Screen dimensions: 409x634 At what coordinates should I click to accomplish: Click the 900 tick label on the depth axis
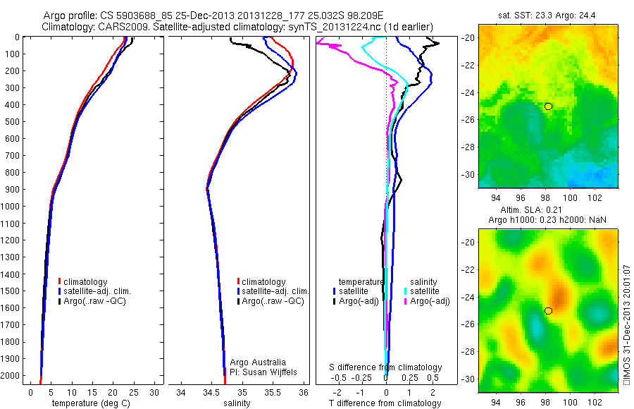pos(13,190)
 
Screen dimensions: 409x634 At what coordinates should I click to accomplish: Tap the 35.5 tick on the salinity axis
pos(273,392)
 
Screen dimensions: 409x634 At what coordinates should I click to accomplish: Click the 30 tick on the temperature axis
pos(154,392)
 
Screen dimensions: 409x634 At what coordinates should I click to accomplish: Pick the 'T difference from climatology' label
pos(385,403)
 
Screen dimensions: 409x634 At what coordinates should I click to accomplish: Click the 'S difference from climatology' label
pos(386,367)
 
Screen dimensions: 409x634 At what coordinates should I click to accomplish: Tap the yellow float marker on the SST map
pos(548,106)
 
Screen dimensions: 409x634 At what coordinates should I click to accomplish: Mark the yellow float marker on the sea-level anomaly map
pos(548,310)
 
